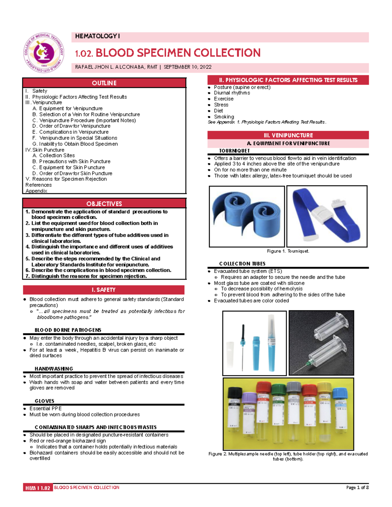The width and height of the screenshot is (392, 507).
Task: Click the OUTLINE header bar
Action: pos(104,83)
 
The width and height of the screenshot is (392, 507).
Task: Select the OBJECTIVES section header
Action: pos(104,204)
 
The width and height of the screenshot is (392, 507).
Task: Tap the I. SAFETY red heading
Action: pos(104,290)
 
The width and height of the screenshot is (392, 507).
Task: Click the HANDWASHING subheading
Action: pos(54,369)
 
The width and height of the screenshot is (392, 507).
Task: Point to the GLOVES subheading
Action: pos(44,401)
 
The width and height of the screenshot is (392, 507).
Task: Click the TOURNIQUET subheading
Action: pos(234,151)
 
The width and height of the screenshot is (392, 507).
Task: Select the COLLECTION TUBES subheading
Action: pos(242,264)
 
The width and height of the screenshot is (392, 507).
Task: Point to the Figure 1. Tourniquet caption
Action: pos(288,251)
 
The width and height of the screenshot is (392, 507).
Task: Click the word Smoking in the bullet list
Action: pos(224,117)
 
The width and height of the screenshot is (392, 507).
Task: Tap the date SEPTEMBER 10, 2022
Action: pos(188,67)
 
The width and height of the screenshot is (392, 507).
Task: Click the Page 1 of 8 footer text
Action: pos(357,487)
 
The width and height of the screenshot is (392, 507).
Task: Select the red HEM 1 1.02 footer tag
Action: pos(38,488)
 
